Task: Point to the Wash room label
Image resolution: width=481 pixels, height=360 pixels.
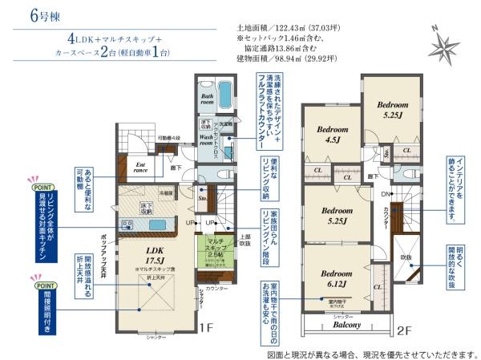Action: (210, 140)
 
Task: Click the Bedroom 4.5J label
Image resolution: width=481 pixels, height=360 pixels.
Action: (330, 134)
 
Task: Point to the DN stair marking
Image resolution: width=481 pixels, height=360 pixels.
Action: (384, 194)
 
